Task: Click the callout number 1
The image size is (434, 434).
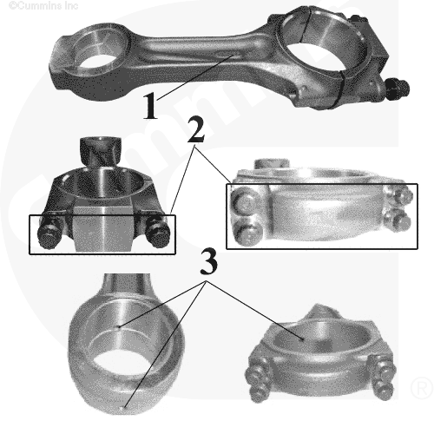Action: click(151, 106)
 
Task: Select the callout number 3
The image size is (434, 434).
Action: click(208, 262)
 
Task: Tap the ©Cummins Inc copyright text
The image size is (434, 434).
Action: click(43, 5)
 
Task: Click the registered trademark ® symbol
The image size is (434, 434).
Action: click(421, 388)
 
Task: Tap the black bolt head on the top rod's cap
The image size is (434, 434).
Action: click(398, 89)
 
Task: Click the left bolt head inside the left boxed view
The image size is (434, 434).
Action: click(49, 233)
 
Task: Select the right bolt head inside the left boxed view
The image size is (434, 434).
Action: click(158, 232)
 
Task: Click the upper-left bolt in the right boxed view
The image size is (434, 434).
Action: click(245, 201)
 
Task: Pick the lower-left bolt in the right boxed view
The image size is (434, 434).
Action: click(247, 233)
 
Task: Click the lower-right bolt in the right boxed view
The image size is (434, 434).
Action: click(398, 220)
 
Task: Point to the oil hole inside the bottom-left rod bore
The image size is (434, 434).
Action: click(118, 327)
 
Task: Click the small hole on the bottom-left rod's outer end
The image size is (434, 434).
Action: click(124, 407)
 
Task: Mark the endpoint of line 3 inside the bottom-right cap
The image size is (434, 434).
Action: click(303, 340)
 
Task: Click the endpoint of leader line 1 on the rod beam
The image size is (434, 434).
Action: click(232, 55)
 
